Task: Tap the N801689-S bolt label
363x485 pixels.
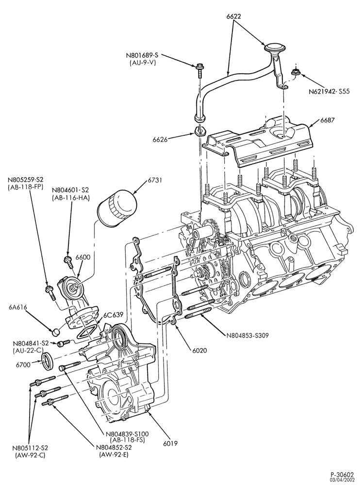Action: (142, 56)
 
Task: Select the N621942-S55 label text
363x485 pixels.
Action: (329, 92)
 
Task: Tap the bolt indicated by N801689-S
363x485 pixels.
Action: (199, 70)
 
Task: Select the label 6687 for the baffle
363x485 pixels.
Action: (329, 120)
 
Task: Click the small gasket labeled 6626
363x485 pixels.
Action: (199, 130)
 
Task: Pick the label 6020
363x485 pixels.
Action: (199, 351)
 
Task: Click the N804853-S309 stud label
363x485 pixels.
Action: (247, 335)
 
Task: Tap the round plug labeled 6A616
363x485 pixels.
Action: (56, 332)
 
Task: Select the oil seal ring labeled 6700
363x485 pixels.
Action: (48, 361)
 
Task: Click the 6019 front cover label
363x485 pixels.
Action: (170, 443)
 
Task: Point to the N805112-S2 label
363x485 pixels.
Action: (30, 448)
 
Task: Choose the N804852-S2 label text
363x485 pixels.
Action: (114, 448)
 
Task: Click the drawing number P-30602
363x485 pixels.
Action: (342, 474)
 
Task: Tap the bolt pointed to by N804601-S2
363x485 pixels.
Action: (68, 261)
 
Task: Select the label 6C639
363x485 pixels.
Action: (113, 315)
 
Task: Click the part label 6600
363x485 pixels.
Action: (83, 258)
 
